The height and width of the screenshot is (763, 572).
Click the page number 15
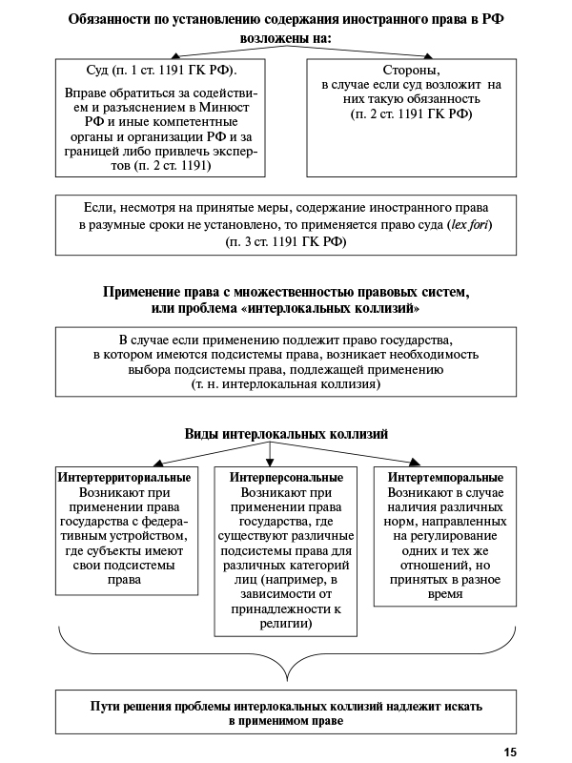coord(510,753)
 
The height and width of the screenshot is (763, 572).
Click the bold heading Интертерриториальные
coord(124,477)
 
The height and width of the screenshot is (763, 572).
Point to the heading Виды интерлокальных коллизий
coord(286,434)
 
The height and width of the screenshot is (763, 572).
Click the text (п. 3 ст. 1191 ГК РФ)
coord(286,242)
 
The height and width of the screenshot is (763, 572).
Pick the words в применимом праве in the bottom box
coord(286,722)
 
